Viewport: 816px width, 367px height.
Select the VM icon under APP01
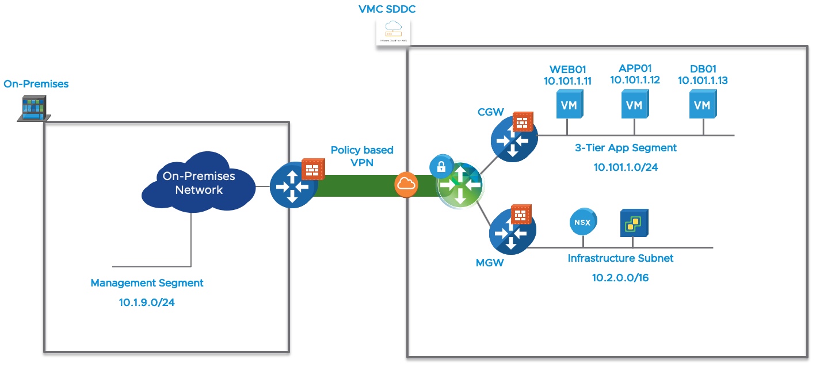pos(634,105)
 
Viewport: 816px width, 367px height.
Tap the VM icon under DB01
pos(702,105)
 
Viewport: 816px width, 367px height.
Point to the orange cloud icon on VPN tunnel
pos(405,185)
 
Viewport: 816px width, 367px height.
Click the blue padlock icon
pos(441,167)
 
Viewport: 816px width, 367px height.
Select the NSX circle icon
pos(583,221)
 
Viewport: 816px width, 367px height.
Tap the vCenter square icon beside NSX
pos(634,223)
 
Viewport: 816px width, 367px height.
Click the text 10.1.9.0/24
pos(147,301)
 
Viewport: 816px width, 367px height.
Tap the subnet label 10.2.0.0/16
pos(620,278)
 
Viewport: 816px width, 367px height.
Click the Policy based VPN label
pos(362,156)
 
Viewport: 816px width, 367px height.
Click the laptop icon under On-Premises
pos(33,109)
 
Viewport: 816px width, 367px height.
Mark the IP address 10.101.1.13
pos(703,81)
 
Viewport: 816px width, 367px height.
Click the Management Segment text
pos(147,283)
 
